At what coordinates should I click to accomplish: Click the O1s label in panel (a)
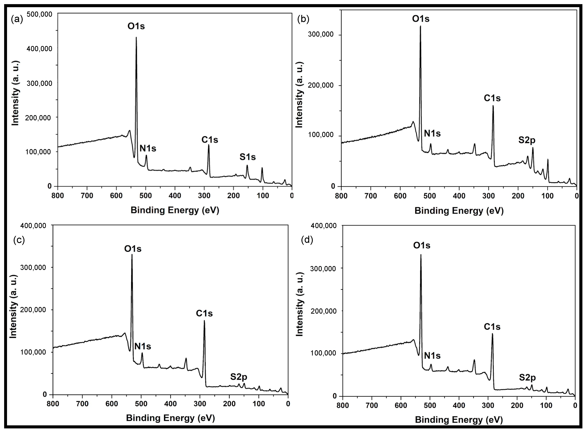coord(136,26)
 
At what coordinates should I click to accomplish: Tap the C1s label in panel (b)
coord(492,98)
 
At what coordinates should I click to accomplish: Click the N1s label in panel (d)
coord(432,356)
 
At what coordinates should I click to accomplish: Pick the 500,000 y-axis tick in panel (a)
coord(40,14)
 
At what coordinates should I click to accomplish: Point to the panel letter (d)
coord(307,240)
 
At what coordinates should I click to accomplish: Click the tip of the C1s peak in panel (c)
coord(204,321)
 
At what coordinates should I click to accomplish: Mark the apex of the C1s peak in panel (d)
coord(492,334)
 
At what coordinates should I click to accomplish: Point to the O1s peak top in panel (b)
coord(421,26)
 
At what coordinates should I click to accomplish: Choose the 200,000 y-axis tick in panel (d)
coord(322,311)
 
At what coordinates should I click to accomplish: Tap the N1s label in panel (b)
coord(432,134)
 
